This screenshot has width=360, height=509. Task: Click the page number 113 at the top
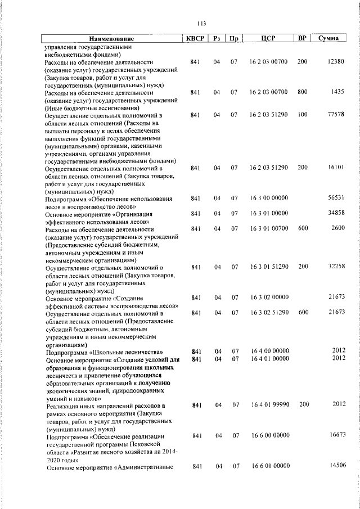(x=202, y=23)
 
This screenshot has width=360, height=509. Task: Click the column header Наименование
(x=111, y=39)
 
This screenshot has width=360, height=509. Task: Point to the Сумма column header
(x=328, y=39)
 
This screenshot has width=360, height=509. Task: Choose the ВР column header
(x=302, y=39)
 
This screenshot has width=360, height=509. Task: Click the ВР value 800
(x=302, y=91)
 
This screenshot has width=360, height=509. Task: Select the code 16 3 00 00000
(x=269, y=198)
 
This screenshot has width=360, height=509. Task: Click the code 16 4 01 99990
(x=269, y=404)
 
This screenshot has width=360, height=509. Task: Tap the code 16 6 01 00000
(x=269, y=466)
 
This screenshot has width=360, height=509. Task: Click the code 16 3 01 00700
(x=269, y=228)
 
